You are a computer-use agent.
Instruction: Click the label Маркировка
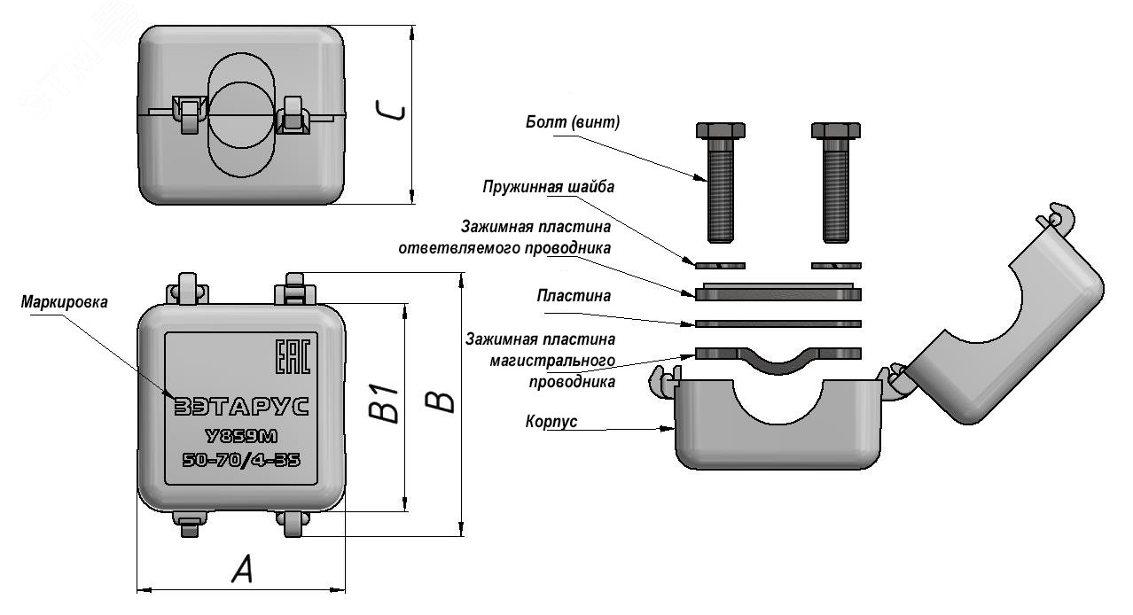pos(65,302)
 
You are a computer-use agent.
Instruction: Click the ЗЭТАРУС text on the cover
pos(240,407)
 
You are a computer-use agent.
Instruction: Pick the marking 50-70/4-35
pos(240,460)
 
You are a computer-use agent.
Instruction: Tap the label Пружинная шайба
pos(549,187)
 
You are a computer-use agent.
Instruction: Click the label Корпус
pos(551,422)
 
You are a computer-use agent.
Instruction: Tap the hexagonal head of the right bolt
pos(836,130)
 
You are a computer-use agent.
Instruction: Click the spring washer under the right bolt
pos(836,264)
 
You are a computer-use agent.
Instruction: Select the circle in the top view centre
pos(240,114)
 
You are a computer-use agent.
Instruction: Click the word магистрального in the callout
pos(552,362)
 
